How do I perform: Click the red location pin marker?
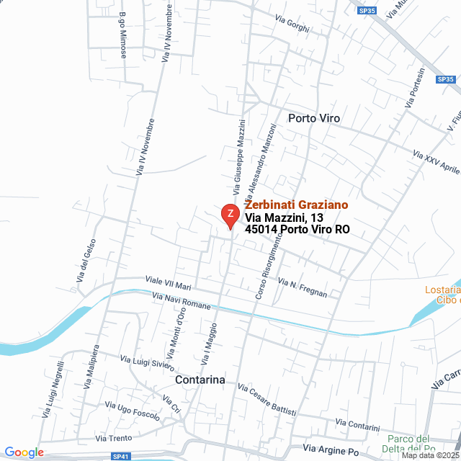230,215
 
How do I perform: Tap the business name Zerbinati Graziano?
296,205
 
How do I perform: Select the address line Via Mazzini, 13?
285,218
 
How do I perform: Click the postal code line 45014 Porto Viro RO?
297,230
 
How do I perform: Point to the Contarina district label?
200,380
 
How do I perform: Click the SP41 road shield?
121,456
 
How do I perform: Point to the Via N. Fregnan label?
303,288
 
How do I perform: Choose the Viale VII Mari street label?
168,282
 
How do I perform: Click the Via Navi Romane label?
182,300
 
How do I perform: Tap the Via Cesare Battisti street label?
267,399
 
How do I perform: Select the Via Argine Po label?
331,450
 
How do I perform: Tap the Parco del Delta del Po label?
408,445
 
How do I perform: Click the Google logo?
24,452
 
